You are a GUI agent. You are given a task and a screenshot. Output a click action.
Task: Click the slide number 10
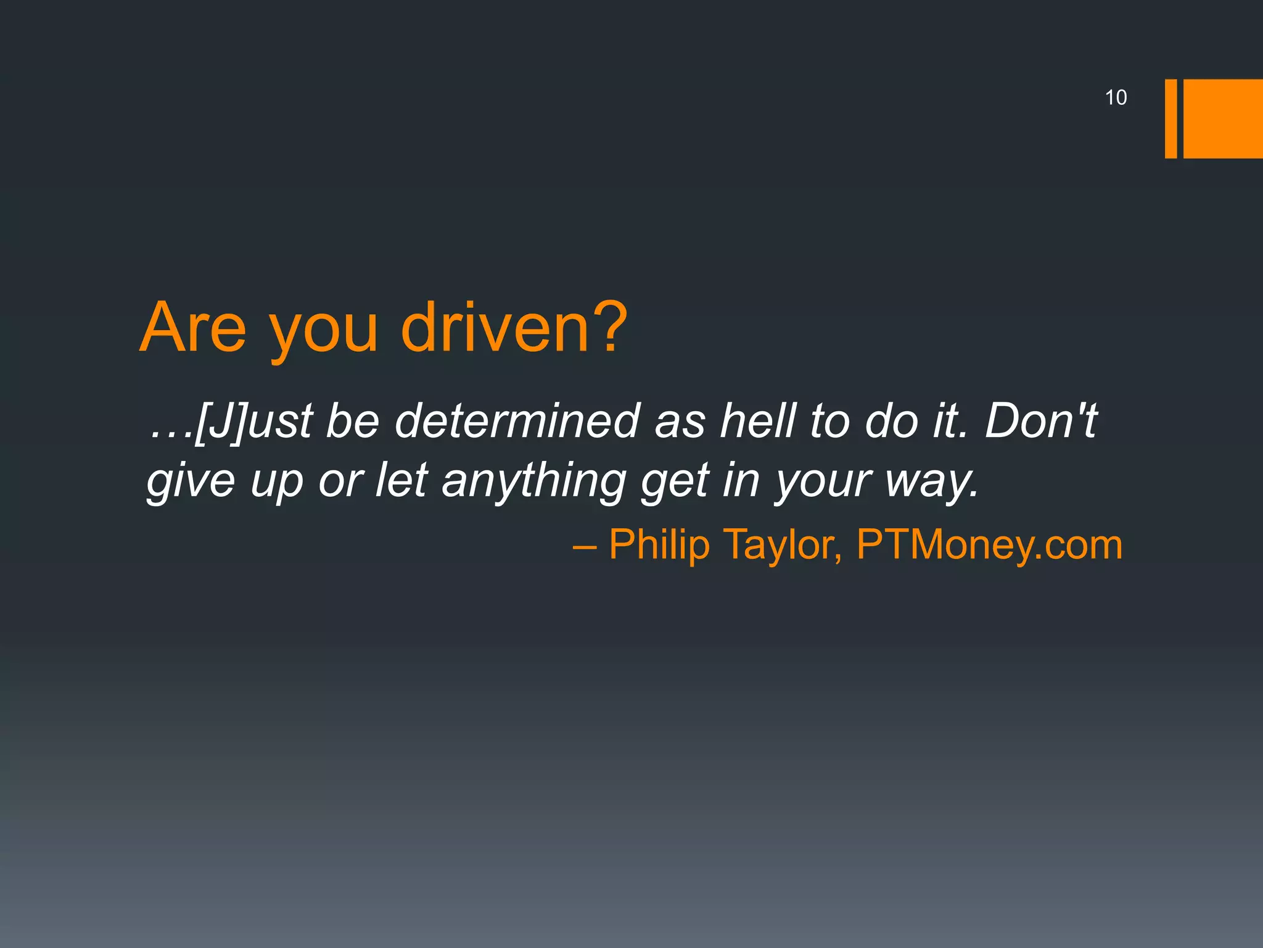pyautogui.click(x=1116, y=98)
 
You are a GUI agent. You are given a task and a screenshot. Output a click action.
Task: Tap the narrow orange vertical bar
pyautogui.click(x=1170, y=118)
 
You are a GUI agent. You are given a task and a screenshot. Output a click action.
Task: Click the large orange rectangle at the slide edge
pyautogui.click(x=1223, y=118)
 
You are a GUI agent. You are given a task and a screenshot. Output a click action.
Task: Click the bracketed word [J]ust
pyautogui.click(x=253, y=422)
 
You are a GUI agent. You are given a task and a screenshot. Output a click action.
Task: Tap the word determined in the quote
pyautogui.click(x=516, y=420)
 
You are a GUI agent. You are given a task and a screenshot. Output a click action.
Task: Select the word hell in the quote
pyautogui.click(x=759, y=420)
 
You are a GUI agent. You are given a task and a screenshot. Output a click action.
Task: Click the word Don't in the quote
pyautogui.click(x=1041, y=420)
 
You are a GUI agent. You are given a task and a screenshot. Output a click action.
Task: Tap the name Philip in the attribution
pyautogui.click(x=659, y=545)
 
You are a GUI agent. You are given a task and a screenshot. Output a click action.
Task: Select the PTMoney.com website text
pyautogui.click(x=989, y=545)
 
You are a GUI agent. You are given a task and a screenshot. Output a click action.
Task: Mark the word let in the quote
pyautogui.click(x=401, y=480)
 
